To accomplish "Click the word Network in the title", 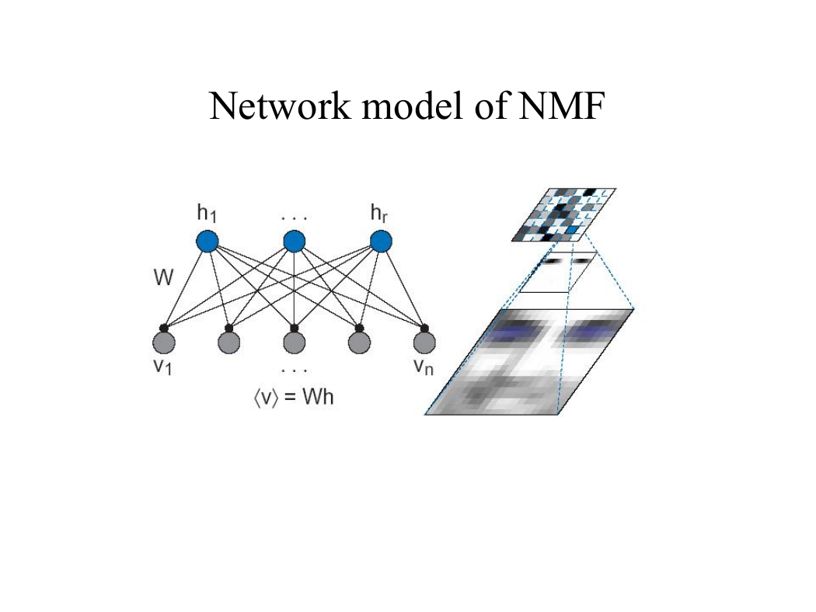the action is pyautogui.click(x=280, y=106).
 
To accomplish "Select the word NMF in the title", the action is pyautogui.click(x=562, y=106).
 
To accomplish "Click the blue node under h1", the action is pyautogui.click(x=207, y=242).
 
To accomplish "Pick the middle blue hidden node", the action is pyautogui.click(x=294, y=242).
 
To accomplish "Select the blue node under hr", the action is pyautogui.click(x=381, y=242).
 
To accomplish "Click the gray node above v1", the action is pyautogui.click(x=164, y=343).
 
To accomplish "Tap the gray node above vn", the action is pyautogui.click(x=424, y=343).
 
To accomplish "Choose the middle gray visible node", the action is pyautogui.click(x=294, y=343).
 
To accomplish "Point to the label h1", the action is pyautogui.click(x=207, y=214).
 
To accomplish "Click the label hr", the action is pyautogui.click(x=379, y=214).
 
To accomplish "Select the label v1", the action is pyautogui.click(x=162, y=367).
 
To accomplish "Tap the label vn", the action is pyautogui.click(x=423, y=367).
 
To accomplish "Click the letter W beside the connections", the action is pyautogui.click(x=163, y=278).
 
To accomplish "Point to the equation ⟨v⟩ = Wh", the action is pyautogui.click(x=294, y=398).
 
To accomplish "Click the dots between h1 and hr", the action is pyautogui.click(x=294, y=218).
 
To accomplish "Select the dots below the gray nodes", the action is pyautogui.click(x=294, y=370).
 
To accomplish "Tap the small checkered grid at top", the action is pyautogui.click(x=564, y=215).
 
